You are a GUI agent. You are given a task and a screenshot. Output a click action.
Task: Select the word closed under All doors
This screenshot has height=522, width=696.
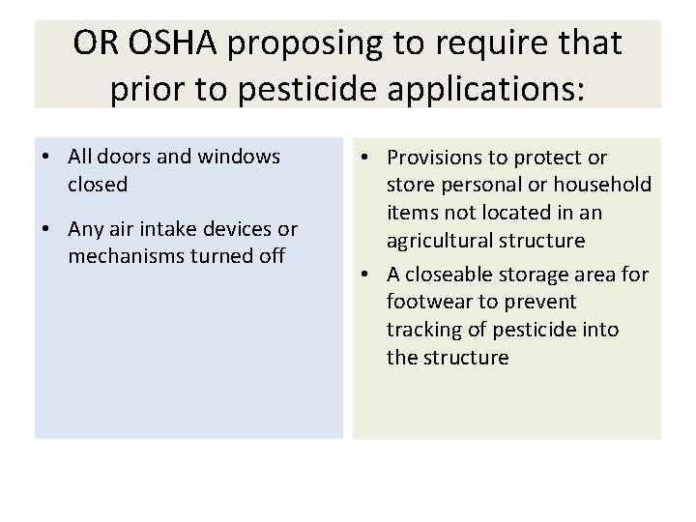pos(98,183)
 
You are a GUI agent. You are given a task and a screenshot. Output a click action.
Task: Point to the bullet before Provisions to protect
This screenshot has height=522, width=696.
pos(363,157)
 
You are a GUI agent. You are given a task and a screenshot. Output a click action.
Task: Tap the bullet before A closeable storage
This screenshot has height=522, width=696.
pos(363,275)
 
